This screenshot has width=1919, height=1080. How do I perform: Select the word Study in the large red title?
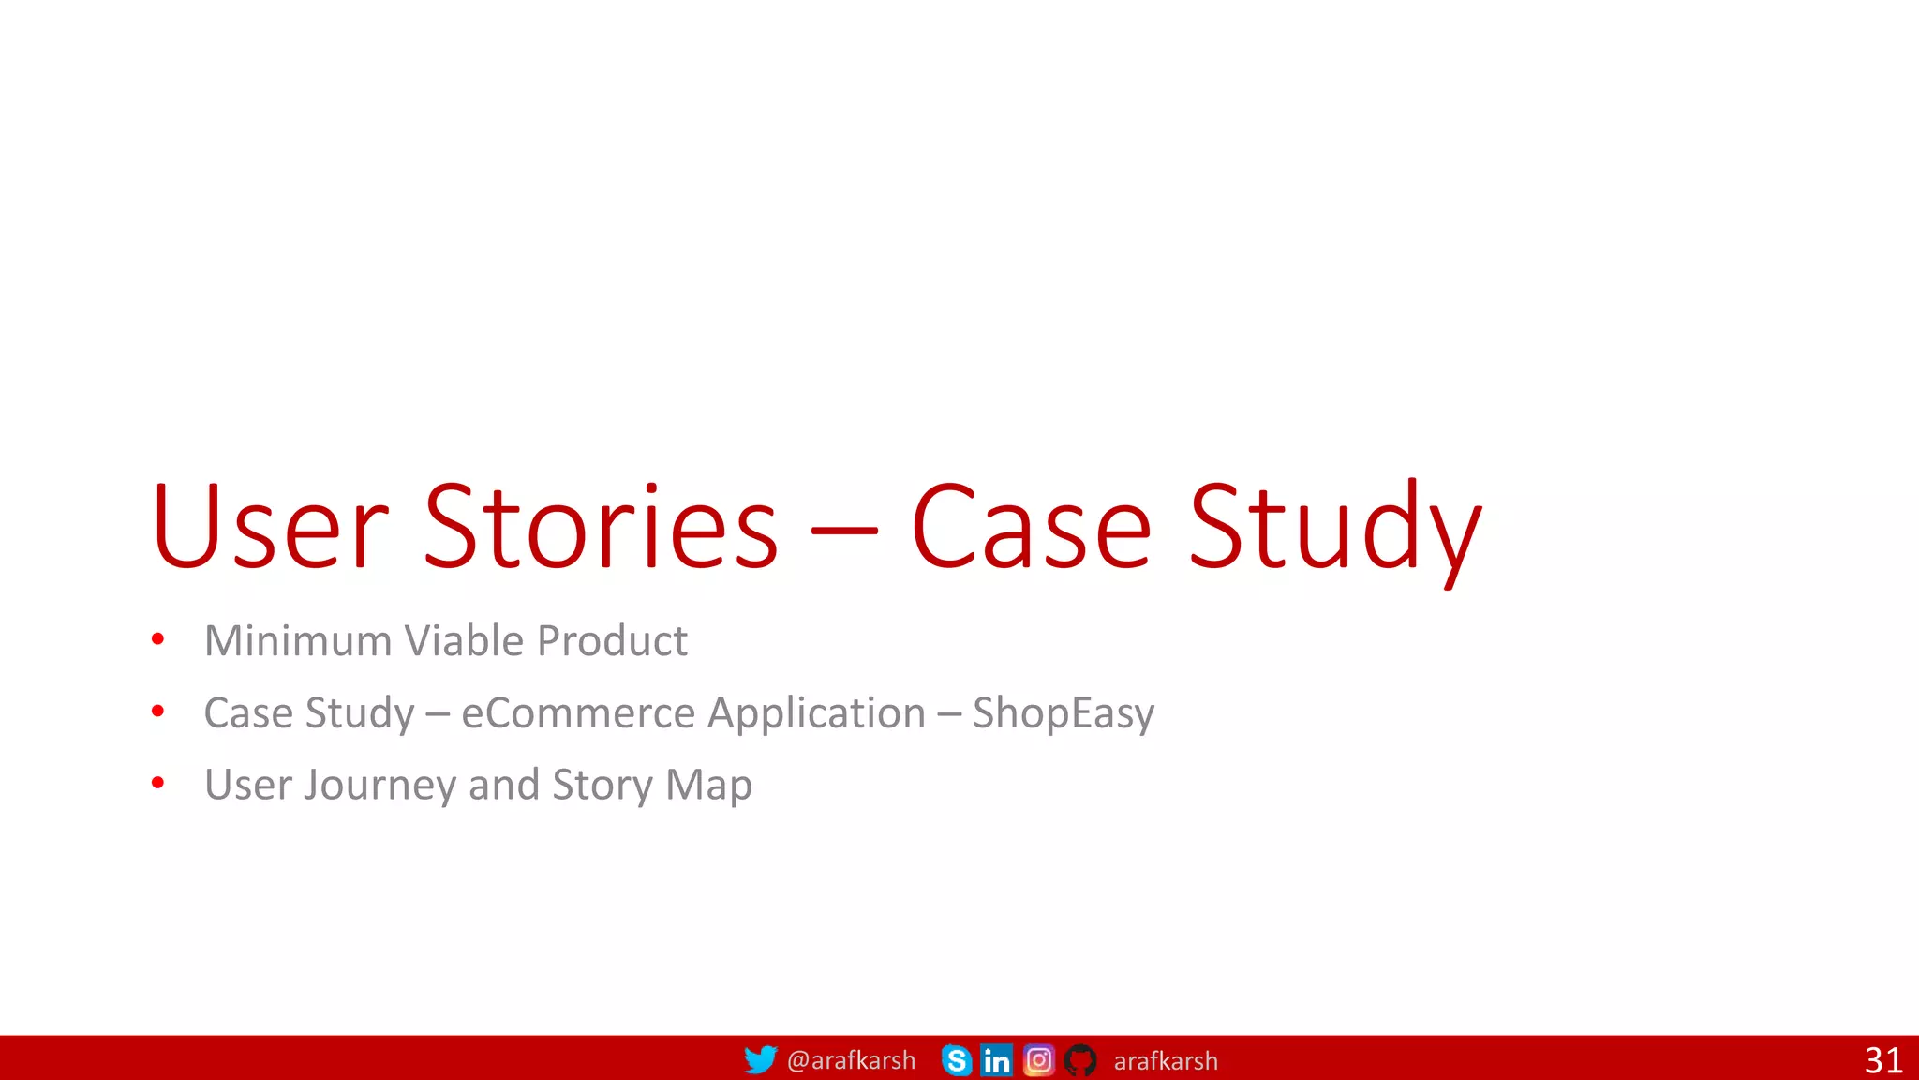(1334, 530)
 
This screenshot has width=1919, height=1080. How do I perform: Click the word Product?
(613, 641)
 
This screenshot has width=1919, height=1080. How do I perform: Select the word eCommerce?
(577, 713)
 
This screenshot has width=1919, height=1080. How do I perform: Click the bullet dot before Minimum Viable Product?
(157, 639)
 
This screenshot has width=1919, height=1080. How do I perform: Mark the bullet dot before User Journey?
(157, 782)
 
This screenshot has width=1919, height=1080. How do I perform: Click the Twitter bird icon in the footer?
(760, 1059)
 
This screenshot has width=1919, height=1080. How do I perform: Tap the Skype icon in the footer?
(956, 1060)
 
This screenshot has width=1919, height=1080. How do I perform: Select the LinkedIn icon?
(996, 1060)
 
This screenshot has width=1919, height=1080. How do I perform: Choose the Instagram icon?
(1038, 1060)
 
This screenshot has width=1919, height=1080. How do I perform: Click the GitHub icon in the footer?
(1079, 1060)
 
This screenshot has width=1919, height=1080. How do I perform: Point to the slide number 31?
(1883, 1060)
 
